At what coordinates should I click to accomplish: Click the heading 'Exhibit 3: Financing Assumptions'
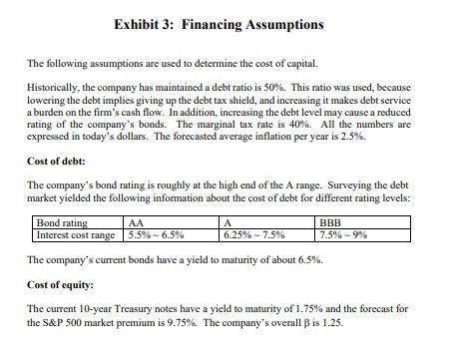(x=227, y=21)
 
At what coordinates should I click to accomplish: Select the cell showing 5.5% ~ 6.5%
(x=160, y=235)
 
